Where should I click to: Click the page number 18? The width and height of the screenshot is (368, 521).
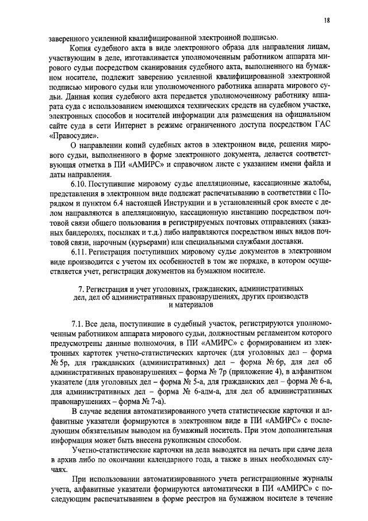point(327,21)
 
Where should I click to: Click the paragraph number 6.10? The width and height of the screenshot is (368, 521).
point(79,184)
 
